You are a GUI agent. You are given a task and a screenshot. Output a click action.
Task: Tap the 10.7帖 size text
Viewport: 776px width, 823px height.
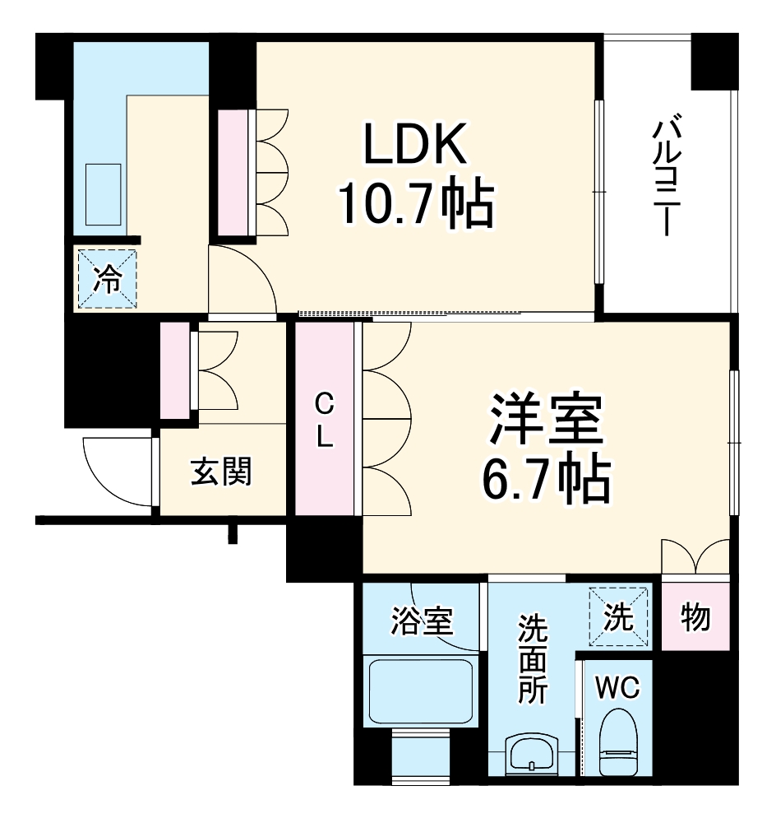pos(416,205)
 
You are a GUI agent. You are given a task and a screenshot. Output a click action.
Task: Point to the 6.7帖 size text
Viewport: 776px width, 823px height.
pos(546,481)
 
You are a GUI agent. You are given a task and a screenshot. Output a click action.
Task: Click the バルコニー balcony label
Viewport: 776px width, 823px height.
pos(666,178)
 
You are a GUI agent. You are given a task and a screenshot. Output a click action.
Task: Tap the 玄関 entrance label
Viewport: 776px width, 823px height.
pos(221,472)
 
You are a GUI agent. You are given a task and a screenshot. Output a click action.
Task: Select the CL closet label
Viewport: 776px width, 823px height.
pos(325,420)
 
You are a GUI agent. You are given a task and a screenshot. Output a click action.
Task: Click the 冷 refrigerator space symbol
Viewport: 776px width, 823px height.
pos(107,279)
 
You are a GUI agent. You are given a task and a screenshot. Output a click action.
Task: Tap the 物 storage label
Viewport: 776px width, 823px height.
pos(695,616)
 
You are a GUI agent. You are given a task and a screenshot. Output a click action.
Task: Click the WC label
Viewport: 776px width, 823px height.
pos(618,689)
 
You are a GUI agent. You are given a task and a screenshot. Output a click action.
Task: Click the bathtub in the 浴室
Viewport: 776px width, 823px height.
pos(419,692)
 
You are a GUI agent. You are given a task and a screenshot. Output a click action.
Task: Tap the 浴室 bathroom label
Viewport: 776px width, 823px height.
pos(419,622)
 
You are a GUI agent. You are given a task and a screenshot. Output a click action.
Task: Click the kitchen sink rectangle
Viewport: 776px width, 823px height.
pos(103,195)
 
